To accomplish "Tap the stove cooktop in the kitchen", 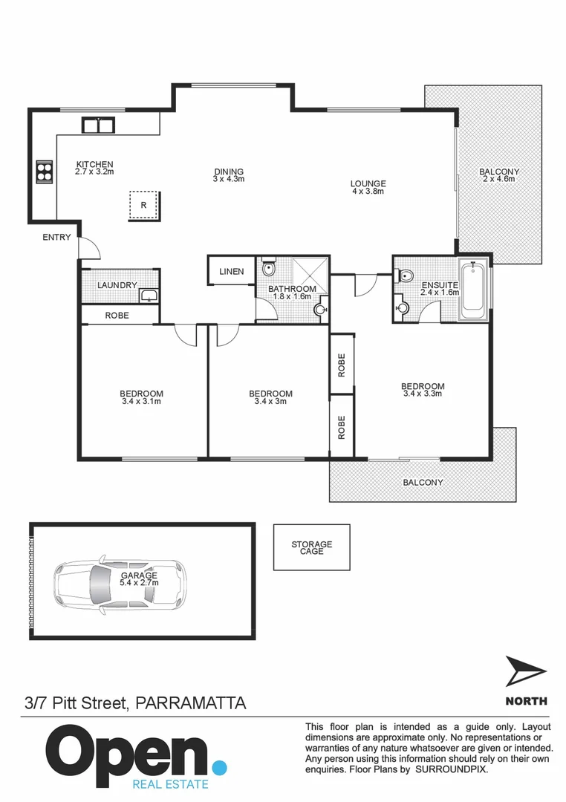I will tap(45, 172).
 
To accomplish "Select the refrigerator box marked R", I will tap(143, 205).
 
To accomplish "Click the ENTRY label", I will tap(56, 238).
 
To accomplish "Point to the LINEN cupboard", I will tap(231, 272).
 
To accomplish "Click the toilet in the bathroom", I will tap(267, 270).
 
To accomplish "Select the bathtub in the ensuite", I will tap(473, 290).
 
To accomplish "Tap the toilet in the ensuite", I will tap(406, 276).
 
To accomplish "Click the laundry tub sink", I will tap(149, 296).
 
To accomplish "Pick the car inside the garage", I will tap(120, 580).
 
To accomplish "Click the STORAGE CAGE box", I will tap(311, 548).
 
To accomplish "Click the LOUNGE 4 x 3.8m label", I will tap(368, 188).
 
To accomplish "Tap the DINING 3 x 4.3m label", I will tap(228, 175).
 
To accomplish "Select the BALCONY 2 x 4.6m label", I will tap(498, 175).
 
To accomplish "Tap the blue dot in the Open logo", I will tap(218, 766).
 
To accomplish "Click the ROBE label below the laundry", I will tap(117, 316).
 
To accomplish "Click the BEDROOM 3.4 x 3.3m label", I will tap(422, 390).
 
